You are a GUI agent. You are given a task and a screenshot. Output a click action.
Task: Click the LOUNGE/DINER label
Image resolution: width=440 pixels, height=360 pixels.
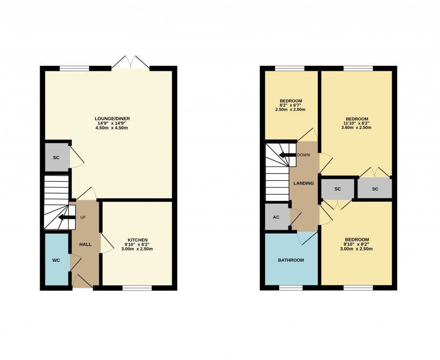click(112, 119)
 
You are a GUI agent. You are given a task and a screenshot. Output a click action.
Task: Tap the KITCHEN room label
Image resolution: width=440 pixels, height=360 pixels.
click(137, 240)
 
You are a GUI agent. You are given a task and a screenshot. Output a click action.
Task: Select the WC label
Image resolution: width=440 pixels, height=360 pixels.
click(56, 260)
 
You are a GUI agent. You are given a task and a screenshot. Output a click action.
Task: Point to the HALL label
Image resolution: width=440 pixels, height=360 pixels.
click(85, 245)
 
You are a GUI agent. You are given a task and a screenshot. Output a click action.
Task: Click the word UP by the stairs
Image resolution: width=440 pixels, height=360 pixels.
click(83, 217)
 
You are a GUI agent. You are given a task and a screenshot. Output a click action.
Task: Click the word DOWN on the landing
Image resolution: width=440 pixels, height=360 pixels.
click(303, 155)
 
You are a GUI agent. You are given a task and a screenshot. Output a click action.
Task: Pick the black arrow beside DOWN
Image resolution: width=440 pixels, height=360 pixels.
click(287, 155)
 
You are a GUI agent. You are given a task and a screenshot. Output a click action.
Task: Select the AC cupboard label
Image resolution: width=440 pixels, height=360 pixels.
click(276, 217)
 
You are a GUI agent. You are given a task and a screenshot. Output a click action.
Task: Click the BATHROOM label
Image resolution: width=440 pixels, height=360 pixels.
click(291, 260)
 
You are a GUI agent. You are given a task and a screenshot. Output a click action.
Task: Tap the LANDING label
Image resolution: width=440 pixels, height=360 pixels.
click(304, 183)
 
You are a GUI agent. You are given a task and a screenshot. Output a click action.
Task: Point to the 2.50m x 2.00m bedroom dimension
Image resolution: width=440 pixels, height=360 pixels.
click(290, 109)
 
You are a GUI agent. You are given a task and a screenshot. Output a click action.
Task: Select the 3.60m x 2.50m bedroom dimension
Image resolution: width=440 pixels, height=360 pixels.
click(356, 127)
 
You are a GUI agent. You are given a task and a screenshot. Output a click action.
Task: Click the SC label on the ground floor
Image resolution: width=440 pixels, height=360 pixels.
click(56, 158)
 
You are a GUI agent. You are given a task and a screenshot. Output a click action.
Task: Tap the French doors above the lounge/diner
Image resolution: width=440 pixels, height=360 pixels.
click(131, 63)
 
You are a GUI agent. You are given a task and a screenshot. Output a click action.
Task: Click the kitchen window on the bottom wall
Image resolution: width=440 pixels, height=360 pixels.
click(137, 288)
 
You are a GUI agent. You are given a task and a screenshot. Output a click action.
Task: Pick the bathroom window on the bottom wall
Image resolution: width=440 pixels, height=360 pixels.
click(291, 288)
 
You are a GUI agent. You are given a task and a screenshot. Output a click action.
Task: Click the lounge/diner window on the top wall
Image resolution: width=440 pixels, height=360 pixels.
click(74, 68)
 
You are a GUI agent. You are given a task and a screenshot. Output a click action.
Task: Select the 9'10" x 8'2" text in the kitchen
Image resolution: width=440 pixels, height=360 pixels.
click(137, 245)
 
